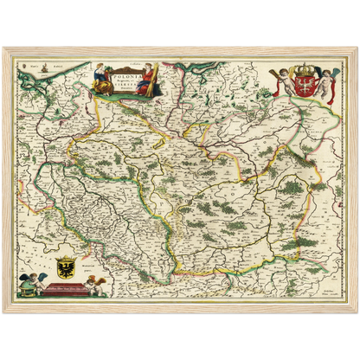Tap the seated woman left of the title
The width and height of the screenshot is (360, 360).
(x=100, y=76)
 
